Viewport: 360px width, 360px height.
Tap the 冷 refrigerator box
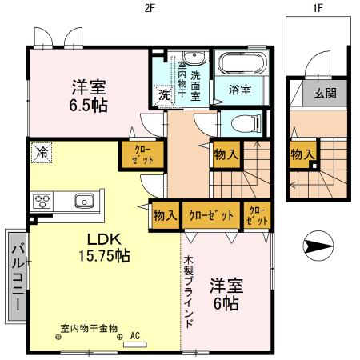(x=38, y=150)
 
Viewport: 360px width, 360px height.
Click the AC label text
(x=134, y=336)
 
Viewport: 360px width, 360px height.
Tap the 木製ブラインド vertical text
(x=188, y=292)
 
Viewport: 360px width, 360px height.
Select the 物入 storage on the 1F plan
(x=301, y=154)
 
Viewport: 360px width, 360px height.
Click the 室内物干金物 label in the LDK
(x=88, y=327)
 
